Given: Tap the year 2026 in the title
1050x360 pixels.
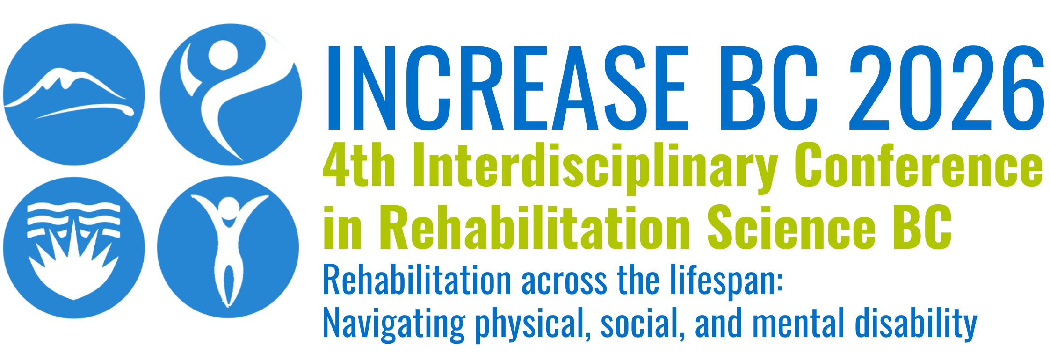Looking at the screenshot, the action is [947, 87].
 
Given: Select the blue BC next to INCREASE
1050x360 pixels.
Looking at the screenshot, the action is [769, 87].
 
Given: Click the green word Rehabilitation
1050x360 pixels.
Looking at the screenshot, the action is [535, 227].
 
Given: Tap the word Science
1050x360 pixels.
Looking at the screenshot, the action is [791, 227].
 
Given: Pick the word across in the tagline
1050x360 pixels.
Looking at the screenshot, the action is [564, 282].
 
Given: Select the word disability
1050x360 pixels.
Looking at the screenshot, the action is [916, 324].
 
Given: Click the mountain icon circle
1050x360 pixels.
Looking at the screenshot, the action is [74, 94].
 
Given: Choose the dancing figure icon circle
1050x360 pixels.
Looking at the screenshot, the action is [231, 94].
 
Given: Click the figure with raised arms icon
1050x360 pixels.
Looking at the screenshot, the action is [228, 248].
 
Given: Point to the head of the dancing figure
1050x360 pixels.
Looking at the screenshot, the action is [224, 55].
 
